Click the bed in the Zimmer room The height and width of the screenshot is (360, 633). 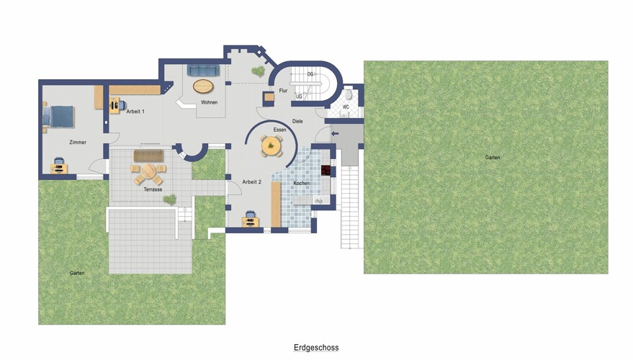[x=59, y=117]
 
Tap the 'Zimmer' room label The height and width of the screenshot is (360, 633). [x=78, y=143]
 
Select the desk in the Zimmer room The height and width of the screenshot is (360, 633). [x=58, y=168]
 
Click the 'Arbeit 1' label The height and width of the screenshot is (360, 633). [x=135, y=112]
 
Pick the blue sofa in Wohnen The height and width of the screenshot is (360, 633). [x=204, y=70]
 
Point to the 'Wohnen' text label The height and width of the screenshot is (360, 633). [x=210, y=102]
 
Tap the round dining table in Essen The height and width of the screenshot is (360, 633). [x=272, y=145]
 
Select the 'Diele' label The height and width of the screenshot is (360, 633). [x=297, y=121]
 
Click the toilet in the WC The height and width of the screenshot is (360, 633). [x=348, y=95]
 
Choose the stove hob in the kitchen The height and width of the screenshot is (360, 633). [x=326, y=171]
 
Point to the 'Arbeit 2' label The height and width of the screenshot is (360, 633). [x=251, y=181]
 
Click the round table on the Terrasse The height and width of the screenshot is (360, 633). [x=148, y=173]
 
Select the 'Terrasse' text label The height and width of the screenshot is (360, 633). [x=152, y=189]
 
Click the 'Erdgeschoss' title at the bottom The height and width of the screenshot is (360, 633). [x=316, y=348]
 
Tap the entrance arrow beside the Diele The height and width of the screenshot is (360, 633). [x=334, y=133]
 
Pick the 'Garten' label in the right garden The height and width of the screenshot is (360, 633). [x=492, y=157]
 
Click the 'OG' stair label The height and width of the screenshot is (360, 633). [x=310, y=74]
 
